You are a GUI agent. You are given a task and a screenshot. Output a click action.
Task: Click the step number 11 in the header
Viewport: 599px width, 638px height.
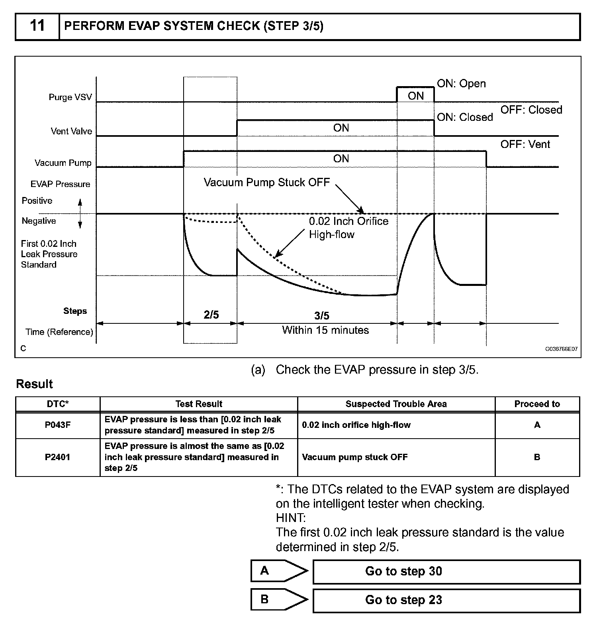[37, 26]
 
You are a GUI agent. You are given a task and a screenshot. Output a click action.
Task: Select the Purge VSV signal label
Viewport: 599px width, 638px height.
[70, 97]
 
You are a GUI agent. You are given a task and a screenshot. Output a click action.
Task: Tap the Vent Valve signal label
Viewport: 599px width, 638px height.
[71, 131]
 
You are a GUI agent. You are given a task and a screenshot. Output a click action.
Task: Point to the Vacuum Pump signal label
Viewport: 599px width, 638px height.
[63, 163]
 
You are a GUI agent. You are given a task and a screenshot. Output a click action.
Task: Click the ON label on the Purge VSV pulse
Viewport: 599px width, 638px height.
[415, 96]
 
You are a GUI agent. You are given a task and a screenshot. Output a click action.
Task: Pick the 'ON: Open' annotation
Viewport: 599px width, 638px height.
[461, 84]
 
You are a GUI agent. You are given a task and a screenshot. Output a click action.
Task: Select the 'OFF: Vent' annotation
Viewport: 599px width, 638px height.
[525, 144]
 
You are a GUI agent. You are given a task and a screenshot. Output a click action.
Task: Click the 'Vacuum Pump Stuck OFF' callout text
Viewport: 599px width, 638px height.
[266, 182]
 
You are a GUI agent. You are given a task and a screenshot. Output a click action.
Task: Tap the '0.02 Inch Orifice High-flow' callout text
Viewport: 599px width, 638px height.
[348, 228]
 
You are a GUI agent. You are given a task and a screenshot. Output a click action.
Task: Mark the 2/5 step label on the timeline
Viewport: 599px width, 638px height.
[211, 315]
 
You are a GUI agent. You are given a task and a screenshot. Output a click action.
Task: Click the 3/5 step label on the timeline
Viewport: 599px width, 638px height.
[322, 316]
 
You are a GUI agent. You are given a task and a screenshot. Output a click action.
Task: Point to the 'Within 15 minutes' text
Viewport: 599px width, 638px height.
[325, 330]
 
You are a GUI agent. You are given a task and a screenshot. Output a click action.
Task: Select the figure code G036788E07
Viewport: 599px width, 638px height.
[561, 349]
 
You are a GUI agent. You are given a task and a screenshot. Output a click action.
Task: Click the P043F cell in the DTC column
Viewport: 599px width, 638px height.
[58, 425]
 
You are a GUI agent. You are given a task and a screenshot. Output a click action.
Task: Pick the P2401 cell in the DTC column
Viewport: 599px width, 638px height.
[58, 457]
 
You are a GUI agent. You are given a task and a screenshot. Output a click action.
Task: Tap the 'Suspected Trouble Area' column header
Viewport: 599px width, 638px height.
[396, 404]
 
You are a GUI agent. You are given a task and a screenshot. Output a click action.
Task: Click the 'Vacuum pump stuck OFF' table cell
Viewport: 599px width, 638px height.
[355, 457]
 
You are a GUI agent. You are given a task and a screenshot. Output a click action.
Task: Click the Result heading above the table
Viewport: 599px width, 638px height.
[34, 384]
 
